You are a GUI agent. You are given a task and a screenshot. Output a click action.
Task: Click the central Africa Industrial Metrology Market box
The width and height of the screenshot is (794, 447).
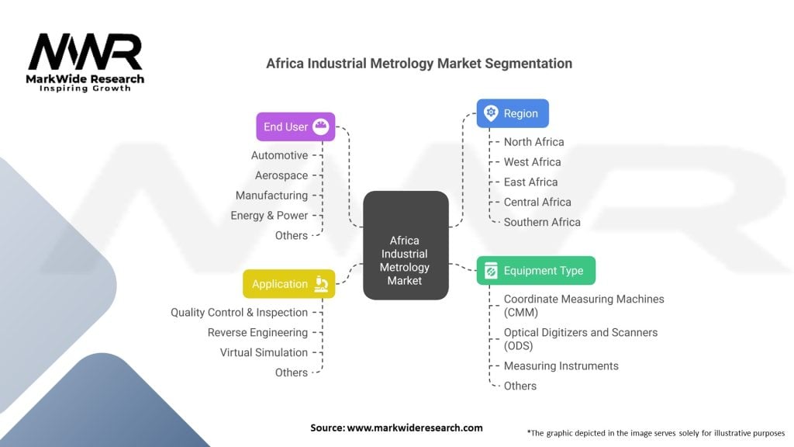point(406,245)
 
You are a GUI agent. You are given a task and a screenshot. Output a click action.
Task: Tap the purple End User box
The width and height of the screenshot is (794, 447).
point(295,126)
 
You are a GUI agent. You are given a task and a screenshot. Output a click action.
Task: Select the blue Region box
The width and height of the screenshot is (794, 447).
point(512,113)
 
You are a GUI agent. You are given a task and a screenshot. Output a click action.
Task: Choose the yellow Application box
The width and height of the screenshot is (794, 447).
point(288,284)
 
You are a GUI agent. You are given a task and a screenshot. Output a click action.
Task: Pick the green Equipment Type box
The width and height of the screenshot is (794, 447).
point(536,271)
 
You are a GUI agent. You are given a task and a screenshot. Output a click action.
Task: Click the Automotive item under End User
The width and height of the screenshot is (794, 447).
point(279,155)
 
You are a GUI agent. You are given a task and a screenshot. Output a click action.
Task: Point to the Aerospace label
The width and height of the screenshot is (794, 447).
point(281,175)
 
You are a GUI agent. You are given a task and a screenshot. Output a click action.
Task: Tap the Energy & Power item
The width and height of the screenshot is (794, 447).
point(269,215)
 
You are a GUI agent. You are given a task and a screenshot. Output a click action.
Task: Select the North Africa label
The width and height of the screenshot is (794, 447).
point(533,141)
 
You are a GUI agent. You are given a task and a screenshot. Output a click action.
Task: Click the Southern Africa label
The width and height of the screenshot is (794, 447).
point(542,221)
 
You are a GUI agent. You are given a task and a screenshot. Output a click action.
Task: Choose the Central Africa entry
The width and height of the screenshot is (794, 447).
point(537,202)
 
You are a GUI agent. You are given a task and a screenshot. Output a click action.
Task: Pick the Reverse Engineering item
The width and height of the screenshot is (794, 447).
point(257,332)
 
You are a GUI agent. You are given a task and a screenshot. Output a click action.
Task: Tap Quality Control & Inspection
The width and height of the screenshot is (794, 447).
point(239,312)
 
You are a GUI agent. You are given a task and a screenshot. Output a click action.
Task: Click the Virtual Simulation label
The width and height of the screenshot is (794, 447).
point(264,352)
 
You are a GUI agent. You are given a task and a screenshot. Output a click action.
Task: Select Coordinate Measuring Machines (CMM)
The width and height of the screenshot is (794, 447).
point(584,305)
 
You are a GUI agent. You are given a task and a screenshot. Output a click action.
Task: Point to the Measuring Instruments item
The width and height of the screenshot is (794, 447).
point(561,366)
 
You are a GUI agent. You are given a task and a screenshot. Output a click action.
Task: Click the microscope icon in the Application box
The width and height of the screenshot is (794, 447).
point(322,284)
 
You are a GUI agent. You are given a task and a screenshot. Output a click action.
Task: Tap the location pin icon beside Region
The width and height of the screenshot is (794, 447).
point(490,113)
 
